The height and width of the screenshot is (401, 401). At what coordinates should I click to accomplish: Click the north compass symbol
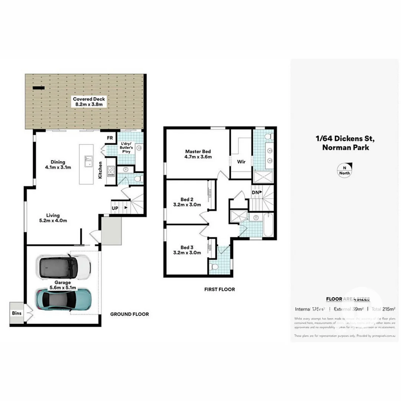345,170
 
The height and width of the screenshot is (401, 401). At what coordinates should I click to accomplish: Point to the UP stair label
115,208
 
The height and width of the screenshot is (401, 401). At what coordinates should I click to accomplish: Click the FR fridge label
110,138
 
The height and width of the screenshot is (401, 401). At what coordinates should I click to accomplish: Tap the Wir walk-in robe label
241,162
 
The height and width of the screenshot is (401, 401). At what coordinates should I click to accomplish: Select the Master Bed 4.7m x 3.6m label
198,154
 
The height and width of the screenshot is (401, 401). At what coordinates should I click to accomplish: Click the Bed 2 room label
187,202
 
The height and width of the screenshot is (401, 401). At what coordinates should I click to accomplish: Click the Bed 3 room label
187,250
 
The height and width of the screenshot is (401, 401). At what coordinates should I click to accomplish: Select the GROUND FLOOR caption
130,314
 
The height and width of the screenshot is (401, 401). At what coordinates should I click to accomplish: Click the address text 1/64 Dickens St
345,139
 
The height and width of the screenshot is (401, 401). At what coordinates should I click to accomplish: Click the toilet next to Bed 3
215,267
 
